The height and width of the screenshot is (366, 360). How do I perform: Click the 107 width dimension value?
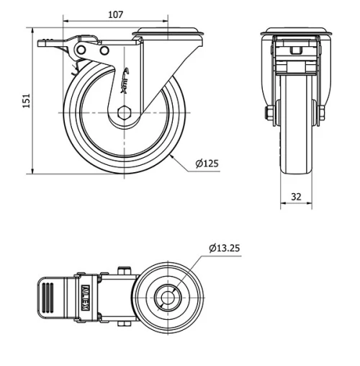point(114,14)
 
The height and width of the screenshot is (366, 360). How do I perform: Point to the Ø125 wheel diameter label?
point(207,165)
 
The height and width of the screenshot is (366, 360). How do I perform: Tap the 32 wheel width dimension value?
point(295,196)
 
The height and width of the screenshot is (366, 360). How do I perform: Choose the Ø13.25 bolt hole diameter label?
point(224,249)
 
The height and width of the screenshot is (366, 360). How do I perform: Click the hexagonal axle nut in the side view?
point(124,113)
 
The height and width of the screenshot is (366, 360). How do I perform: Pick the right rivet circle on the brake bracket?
point(105,51)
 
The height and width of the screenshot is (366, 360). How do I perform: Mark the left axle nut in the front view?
point(268,113)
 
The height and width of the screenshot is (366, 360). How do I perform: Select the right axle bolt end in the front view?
point(322,113)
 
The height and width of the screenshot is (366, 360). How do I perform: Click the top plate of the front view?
point(295,31)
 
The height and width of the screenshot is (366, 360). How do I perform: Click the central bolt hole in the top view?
point(170,296)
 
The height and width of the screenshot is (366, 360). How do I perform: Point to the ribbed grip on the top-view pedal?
point(48,296)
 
